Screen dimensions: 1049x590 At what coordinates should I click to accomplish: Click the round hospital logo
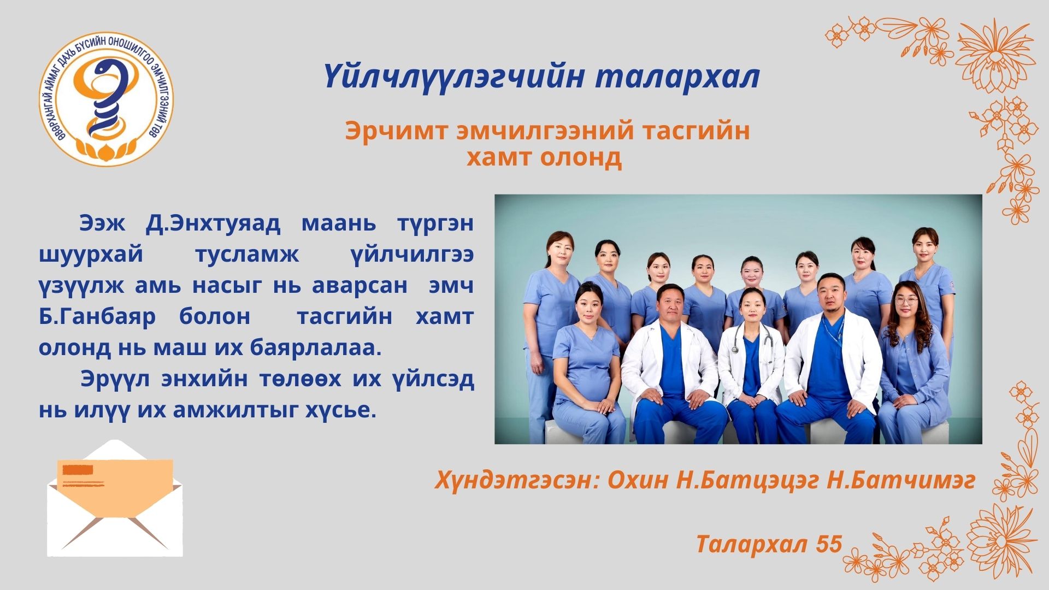pyautogui.click(x=107, y=99)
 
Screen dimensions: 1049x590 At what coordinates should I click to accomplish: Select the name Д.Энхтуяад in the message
pyautogui.click(x=213, y=223)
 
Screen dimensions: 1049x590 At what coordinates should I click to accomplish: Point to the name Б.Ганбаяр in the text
pyautogui.click(x=97, y=316)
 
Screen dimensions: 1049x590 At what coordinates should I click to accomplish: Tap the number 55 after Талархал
pyautogui.click(x=829, y=544)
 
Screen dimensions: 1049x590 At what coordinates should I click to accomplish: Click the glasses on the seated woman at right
pyautogui.click(x=906, y=300)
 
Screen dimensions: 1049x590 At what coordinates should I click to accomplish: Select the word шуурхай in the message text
pyautogui.click(x=91, y=254)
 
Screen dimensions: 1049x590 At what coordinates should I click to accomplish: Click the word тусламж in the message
pyautogui.click(x=247, y=254)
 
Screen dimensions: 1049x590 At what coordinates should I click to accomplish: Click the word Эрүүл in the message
pyautogui.click(x=115, y=379)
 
